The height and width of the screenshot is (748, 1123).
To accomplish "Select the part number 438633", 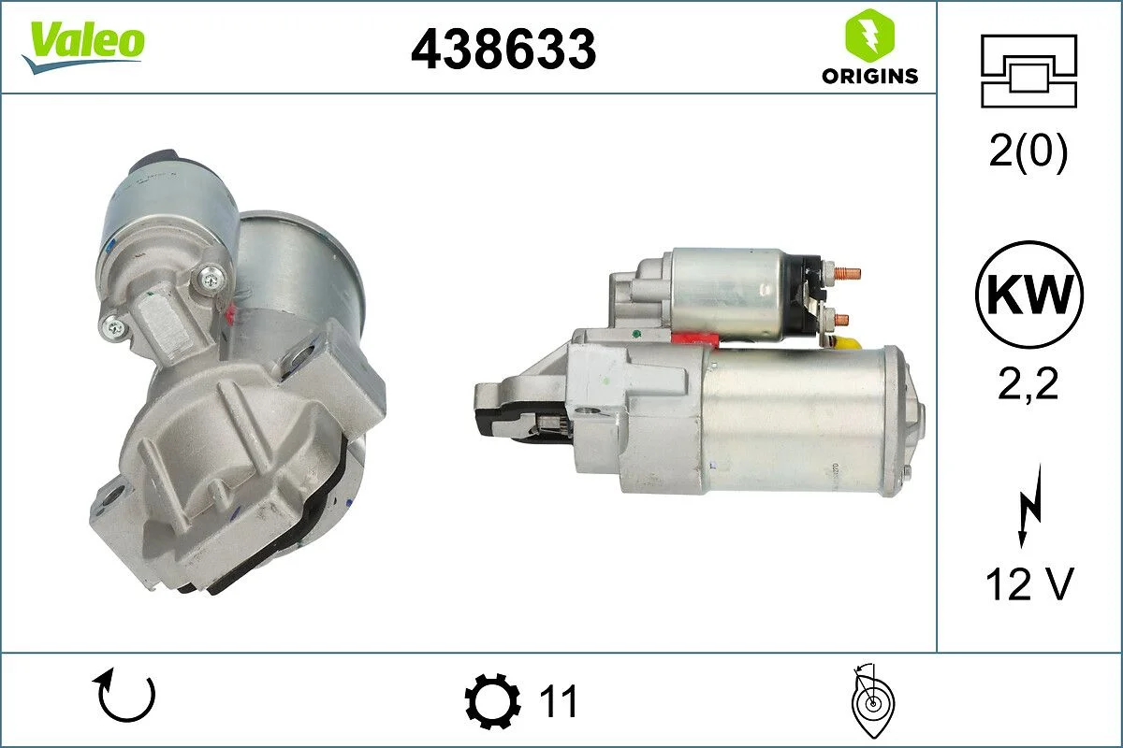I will (x=503, y=48).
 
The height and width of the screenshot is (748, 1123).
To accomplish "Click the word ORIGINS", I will (x=869, y=77).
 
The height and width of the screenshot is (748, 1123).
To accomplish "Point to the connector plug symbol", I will (x=1028, y=70).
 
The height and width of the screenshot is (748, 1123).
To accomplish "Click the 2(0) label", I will (x=1028, y=153).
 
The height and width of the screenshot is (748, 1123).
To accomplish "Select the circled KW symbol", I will (x=1028, y=295).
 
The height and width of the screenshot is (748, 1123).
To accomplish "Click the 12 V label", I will (x=1028, y=585).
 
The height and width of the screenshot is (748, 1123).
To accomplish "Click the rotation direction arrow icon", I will (x=124, y=698).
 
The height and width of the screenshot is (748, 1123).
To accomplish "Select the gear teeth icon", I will (x=493, y=701).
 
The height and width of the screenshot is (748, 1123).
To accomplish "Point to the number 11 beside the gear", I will (x=560, y=701).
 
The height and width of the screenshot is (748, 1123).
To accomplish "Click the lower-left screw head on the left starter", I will (x=114, y=325).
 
